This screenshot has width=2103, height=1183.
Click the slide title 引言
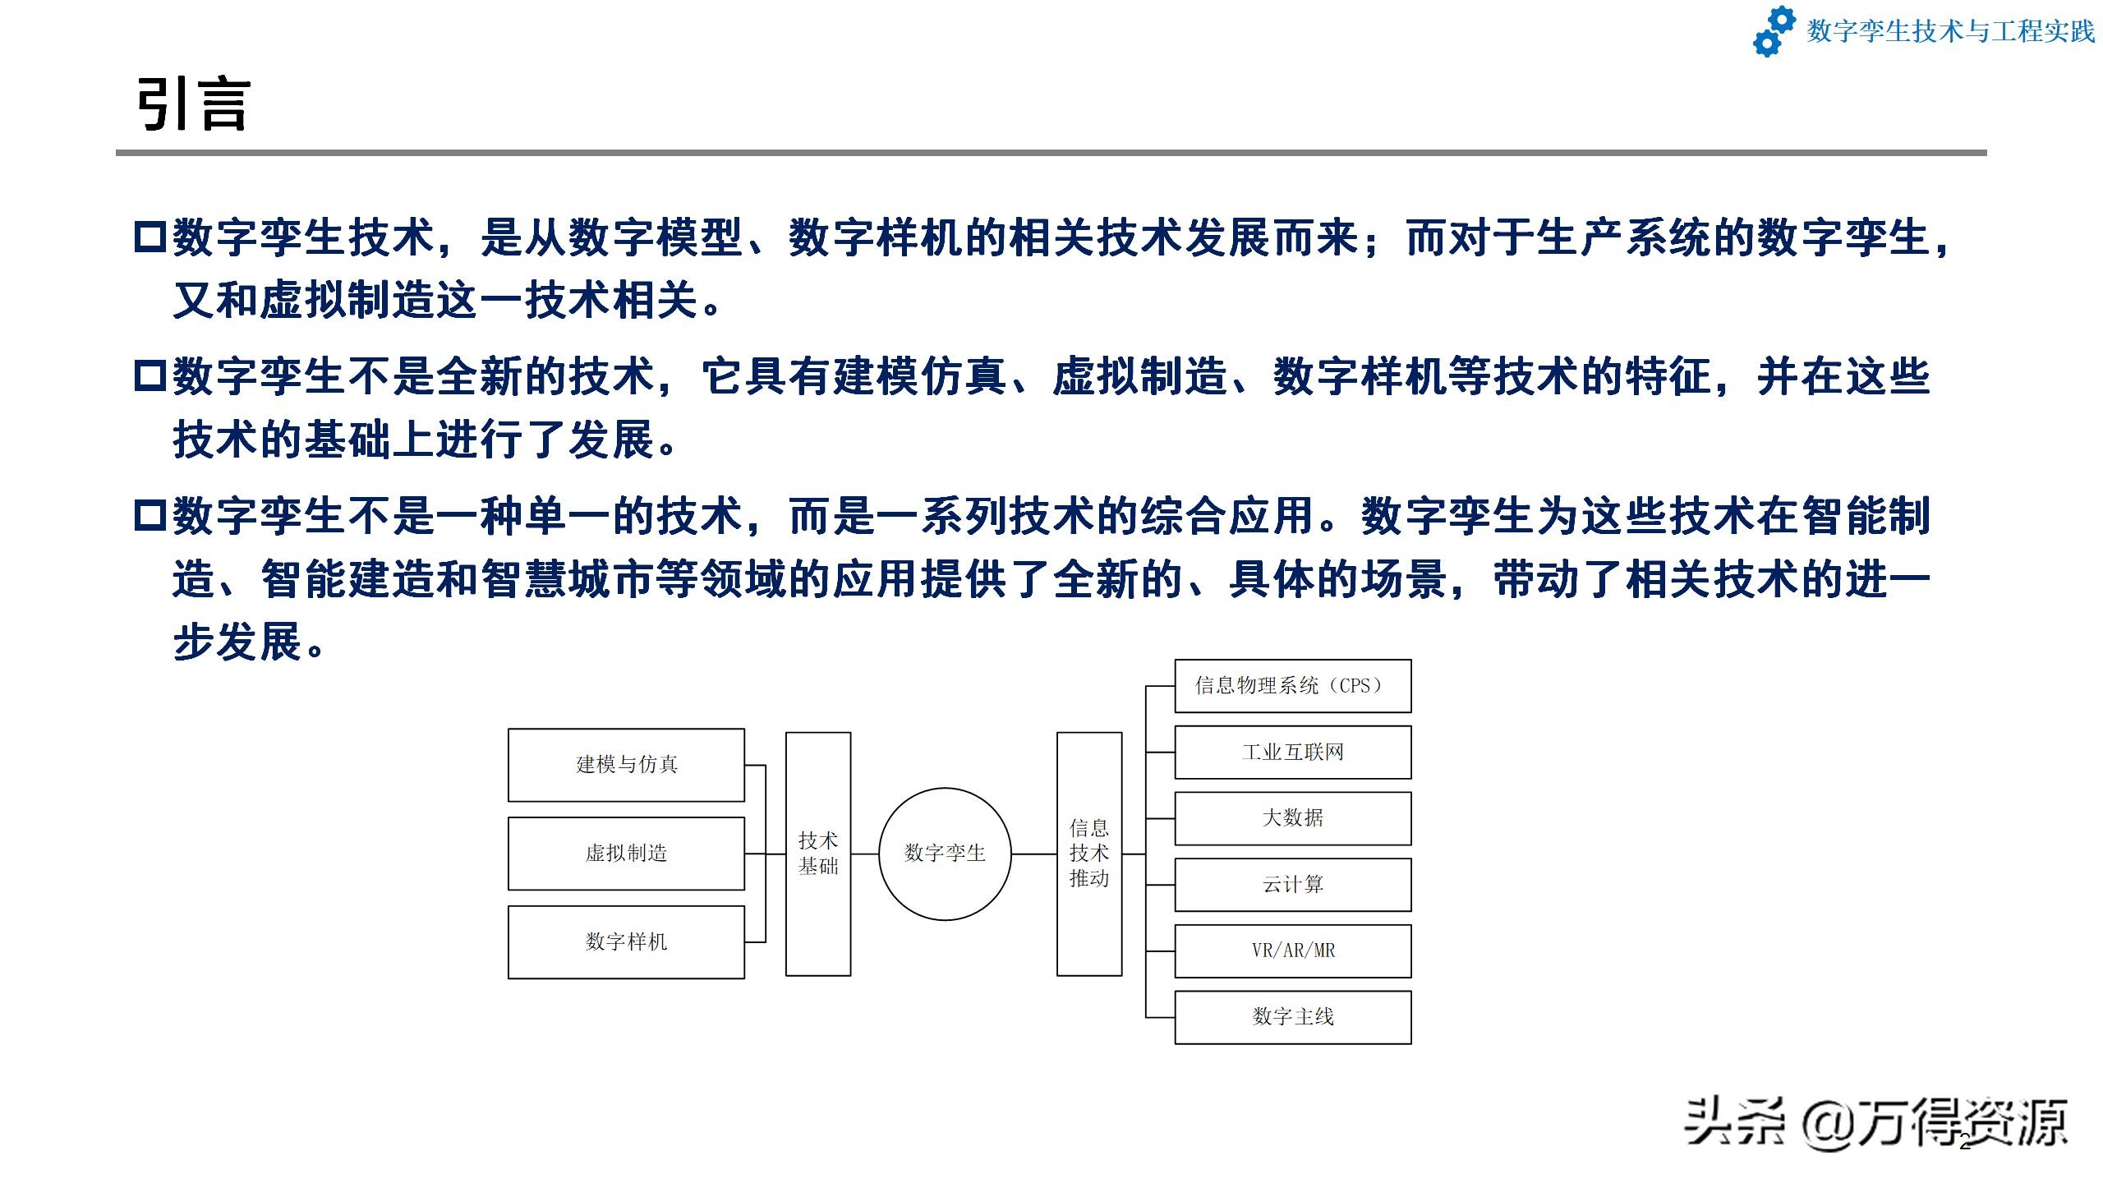point(194,104)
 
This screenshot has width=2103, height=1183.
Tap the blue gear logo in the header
point(1774,31)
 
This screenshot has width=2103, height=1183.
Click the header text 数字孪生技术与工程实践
point(1950,31)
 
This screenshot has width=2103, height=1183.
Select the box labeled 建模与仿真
point(626,765)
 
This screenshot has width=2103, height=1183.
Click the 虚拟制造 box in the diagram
point(626,854)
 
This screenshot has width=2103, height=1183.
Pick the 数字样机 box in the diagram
point(626,942)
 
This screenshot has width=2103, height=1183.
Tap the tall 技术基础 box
point(818,854)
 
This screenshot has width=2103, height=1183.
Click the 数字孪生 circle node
point(945,854)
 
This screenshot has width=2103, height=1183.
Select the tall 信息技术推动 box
point(1089,854)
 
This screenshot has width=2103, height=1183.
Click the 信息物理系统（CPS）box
point(1292,686)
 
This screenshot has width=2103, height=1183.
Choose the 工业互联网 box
point(1292,753)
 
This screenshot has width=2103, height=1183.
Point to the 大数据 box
point(1292,818)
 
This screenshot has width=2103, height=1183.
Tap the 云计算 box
point(1292,885)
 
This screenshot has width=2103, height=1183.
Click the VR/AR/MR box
point(1292,951)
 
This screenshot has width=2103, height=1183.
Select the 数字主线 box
point(1292,1017)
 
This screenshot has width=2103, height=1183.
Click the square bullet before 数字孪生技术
point(150,237)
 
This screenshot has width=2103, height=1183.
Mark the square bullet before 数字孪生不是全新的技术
point(150,376)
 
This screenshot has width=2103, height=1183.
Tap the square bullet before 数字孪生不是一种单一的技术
point(150,516)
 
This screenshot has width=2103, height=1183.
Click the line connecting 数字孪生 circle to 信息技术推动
point(1033,854)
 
